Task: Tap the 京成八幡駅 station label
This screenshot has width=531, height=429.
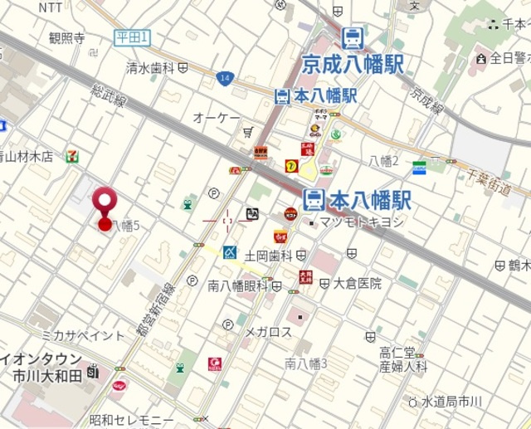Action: click(x=353, y=63)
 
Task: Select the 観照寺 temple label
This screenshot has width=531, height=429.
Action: click(x=66, y=38)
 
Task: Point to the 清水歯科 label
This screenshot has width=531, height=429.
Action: click(x=149, y=68)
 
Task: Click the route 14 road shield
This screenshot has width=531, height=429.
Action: click(x=226, y=78)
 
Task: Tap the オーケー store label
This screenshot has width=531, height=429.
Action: click(x=217, y=119)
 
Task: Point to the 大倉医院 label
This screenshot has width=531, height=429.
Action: click(x=358, y=283)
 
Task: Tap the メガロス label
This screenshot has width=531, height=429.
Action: click(x=268, y=332)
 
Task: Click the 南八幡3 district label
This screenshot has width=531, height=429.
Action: click(x=306, y=363)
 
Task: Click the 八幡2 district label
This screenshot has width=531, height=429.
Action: click(x=384, y=160)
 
